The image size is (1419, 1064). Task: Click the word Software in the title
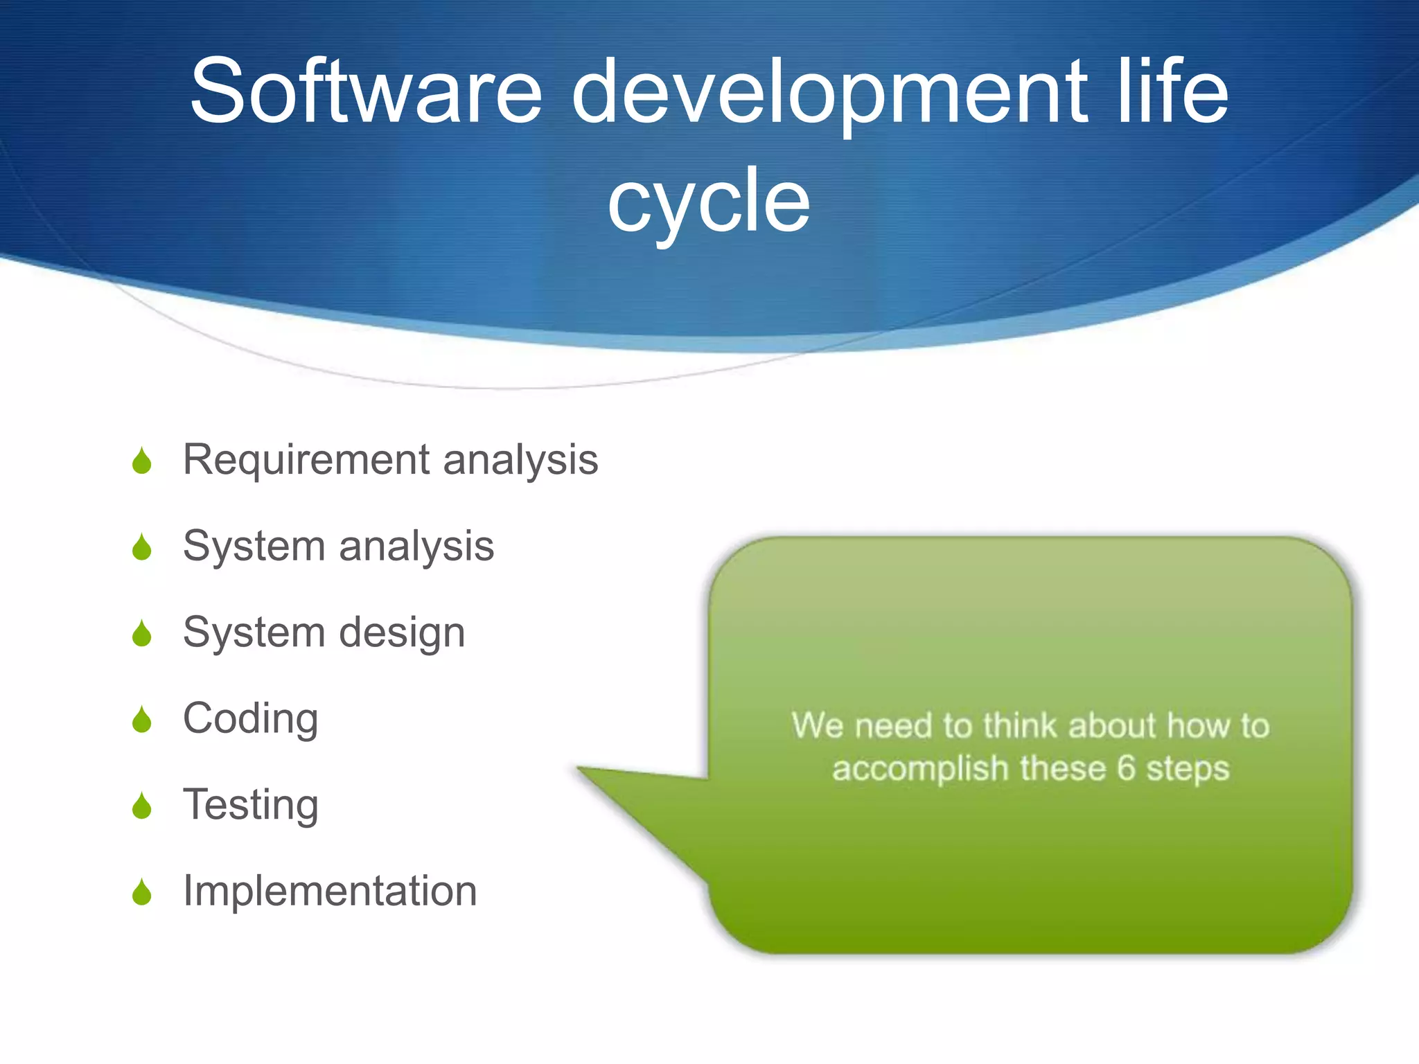pos(366,91)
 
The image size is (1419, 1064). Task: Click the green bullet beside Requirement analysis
pos(142,461)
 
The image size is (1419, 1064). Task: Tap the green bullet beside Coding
pos(142,720)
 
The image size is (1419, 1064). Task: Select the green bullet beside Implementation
pos(142,892)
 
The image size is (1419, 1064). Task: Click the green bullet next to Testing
pos(142,806)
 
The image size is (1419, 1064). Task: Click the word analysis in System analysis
pos(416,547)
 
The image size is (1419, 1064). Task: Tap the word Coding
pos(250,719)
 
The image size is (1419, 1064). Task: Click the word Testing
pos(250,805)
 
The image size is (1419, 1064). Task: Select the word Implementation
pos(330,891)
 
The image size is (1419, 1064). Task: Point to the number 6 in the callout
pos(1126,768)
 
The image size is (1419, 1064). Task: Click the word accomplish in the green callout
pos(919,769)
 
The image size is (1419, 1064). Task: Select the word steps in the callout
pos(1188,769)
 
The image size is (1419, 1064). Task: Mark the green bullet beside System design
pos(142,634)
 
